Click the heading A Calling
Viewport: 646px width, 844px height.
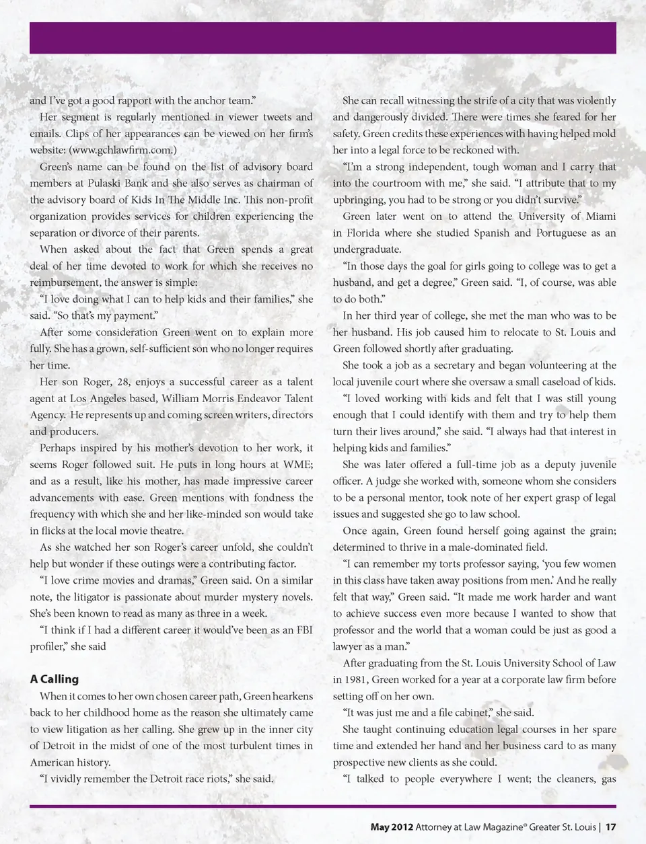point(55,679)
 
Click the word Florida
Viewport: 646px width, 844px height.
point(364,233)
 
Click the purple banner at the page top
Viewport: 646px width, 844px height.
point(323,38)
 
